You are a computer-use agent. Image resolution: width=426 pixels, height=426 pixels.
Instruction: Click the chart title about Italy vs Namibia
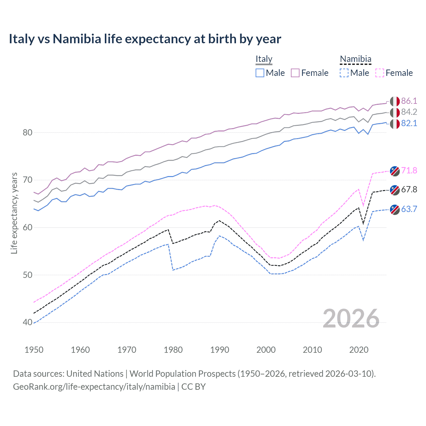tap(145, 39)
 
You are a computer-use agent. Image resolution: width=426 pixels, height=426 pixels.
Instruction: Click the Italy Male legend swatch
tap(260, 73)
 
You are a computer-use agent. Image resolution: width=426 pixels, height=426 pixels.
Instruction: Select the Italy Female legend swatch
tap(295, 73)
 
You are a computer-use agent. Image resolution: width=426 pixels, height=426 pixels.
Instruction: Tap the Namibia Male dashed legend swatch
tap(344, 73)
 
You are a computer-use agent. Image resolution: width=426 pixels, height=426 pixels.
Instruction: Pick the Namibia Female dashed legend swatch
tap(380, 73)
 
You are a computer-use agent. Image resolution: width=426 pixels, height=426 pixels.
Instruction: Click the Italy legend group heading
tap(264, 59)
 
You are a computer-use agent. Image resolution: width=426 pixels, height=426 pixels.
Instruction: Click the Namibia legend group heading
tap(355, 59)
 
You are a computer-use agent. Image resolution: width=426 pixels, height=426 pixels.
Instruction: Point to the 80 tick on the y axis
tap(28, 132)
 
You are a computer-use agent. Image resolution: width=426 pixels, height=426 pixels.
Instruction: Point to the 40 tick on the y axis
tap(28, 322)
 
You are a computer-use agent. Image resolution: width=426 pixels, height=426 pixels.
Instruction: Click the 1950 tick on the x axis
tap(34, 350)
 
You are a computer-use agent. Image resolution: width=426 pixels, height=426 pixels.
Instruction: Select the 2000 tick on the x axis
tap(266, 350)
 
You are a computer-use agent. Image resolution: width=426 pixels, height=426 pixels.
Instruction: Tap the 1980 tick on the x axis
tap(173, 350)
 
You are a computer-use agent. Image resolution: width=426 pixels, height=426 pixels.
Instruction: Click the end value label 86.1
tap(409, 101)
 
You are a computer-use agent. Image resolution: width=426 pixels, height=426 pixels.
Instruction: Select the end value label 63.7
tap(409, 209)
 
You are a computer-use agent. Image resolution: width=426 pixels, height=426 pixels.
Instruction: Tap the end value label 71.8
tap(409, 171)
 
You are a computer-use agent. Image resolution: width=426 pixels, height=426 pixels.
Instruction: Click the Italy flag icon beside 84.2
tap(395, 112)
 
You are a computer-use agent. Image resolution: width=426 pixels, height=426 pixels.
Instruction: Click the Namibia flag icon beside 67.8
tap(395, 190)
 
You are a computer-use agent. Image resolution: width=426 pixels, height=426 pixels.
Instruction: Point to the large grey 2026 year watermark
tap(351, 319)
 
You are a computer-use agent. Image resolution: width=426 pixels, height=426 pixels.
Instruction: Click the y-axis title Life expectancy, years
tap(14, 213)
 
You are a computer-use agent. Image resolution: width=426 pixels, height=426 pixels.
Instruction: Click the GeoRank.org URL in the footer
tap(94, 387)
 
